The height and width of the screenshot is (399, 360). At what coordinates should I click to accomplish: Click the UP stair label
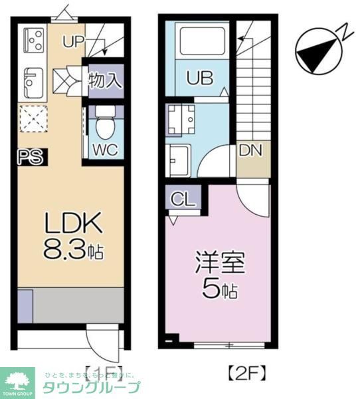[74, 41]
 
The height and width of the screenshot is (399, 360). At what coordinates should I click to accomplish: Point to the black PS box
[30, 157]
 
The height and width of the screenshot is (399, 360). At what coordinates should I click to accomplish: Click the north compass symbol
[316, 51]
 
